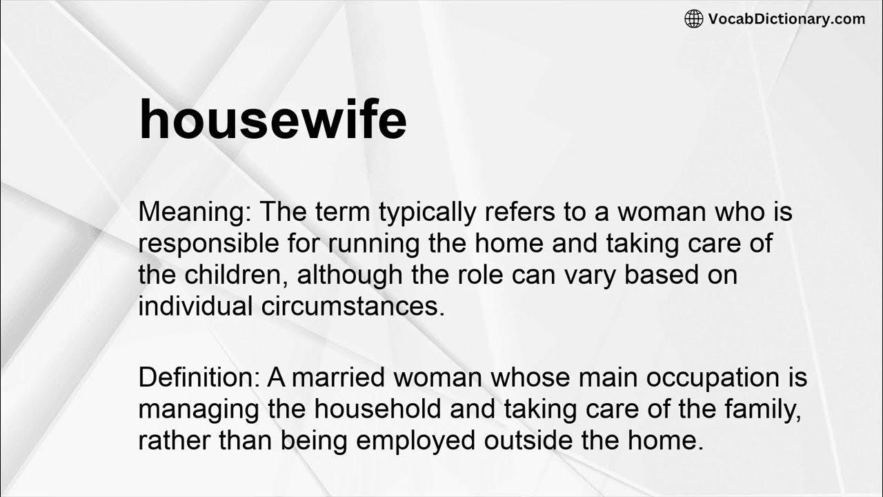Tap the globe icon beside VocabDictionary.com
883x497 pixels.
click(693, 19)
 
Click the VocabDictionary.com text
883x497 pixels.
click(786, 19)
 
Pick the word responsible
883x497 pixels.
click(211, 244)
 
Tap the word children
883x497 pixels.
click(235, 275)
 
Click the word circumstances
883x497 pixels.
click(353, 306)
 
